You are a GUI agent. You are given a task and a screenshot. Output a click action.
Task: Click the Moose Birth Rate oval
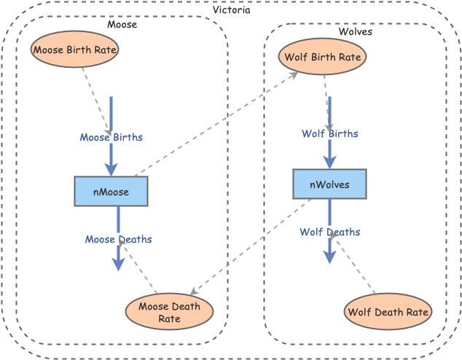click(x=74, y=50)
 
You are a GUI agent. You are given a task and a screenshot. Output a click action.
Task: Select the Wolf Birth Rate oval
click(x=322, y=58)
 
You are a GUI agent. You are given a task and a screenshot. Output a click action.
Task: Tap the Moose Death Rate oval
click(x=169, y=312)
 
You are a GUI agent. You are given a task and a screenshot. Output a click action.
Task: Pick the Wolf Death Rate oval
click(x=387, y=312)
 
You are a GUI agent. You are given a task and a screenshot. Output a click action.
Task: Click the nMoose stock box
click(x=111, y=192)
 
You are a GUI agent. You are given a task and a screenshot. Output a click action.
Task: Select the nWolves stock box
click(x=329, y=184)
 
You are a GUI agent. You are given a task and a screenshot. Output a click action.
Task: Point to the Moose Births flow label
click(x=111, y=137)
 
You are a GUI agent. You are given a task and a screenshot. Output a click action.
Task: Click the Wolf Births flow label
click(x=329, y=133)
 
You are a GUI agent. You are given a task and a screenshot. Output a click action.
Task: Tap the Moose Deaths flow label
click(x=118, y=239)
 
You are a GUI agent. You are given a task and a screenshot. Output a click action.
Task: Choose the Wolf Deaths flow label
click(x=329, y=232)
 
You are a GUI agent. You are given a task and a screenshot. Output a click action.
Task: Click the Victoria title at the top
click(x=231, y=10)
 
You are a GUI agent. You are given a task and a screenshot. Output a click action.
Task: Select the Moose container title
click(x=122, y=25)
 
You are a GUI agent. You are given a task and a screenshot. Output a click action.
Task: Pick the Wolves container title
click(x=355, y=32)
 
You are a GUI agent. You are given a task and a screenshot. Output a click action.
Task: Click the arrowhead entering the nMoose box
click(x=111, y=170)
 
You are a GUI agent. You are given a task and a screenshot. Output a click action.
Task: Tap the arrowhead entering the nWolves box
click(x=329, y=163)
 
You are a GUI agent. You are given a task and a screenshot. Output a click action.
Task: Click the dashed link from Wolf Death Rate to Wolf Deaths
click(x=356, y=267)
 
